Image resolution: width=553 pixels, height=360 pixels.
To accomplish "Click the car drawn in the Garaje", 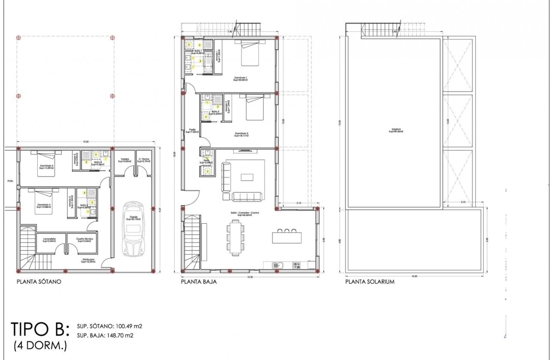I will pyautogui.click(x=134, y=229).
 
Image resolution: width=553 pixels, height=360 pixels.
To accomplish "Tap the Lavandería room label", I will pyautogui.click(x=51, y=240).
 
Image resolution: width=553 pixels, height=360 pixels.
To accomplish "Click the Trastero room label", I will pyautogui.click(x=125, y=161).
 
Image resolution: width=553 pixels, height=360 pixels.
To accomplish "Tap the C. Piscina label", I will pyautogui.click(x=144, y=161).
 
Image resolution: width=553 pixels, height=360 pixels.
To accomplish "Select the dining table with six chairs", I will pyautogui.click(x=235, y=237).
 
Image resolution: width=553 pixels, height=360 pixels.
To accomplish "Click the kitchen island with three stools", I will pyautogui.click(x=287, y=237).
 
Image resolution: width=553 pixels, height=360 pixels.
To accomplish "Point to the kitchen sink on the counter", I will pyautogui.click(x=278, y=266).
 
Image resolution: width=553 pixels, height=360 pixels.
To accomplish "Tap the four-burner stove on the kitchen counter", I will pyautogui.click(x=296, y=266).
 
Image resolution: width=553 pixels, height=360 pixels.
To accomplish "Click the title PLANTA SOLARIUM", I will pyautogui.click(x=370, y=282).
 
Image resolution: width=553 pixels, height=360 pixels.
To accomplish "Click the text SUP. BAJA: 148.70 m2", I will pyautogui.click(x=105, y=335).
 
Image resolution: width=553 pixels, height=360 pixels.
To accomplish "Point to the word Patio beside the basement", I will pyautogui.click(x=10, y=181).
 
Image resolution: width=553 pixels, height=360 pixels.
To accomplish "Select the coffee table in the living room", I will pyautogui.click(x=247, y=177).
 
